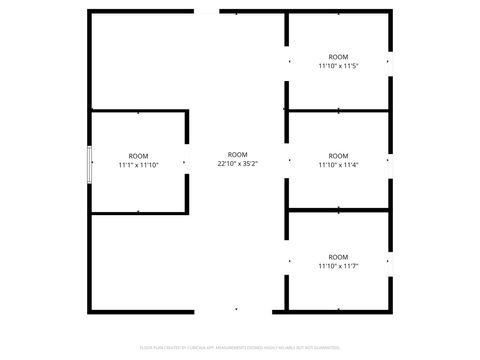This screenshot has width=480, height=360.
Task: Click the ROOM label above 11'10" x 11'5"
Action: click(338, 56)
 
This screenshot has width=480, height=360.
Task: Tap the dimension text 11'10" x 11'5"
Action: click(338, 66)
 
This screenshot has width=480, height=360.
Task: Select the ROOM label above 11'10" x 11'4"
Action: click(338, 155)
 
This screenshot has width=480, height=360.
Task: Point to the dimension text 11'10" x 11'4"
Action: click(338, 165)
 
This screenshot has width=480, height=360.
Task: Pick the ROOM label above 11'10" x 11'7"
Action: click(338, 256)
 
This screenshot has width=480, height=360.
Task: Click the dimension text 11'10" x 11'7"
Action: click(338, 266)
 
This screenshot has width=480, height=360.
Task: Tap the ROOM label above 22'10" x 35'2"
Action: click(237, 154)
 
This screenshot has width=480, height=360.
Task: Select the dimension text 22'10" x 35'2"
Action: click(237, 164)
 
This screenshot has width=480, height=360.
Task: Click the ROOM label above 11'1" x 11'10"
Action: click(138, 155)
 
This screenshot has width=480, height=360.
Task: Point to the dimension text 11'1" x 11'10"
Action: click(138, 165)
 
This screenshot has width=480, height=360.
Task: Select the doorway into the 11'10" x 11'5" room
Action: click(288, 60)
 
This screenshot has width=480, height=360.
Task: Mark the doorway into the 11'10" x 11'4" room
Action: click(288, 160)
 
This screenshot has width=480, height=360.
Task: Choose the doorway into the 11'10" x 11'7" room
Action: click(288, 260)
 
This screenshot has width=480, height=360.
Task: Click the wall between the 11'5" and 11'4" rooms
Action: click(338, 111)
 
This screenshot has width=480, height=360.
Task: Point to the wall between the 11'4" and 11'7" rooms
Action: click(338, 210)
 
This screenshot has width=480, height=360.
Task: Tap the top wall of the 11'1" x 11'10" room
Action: click(140, 112)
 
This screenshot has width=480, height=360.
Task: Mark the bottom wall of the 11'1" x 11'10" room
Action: click(140, 212)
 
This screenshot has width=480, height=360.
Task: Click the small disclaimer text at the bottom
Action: click(240, 349)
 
